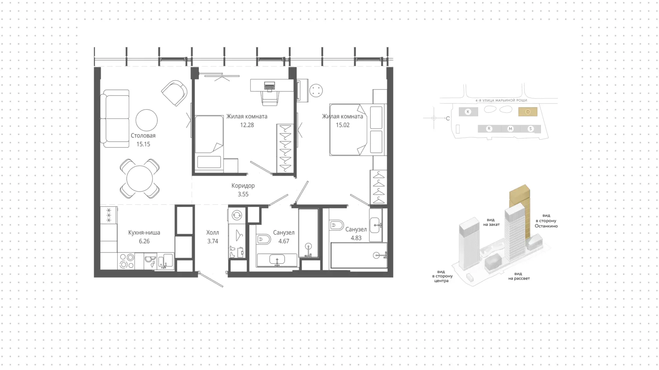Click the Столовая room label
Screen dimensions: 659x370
[143, 136]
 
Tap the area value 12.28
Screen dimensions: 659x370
[247, 125]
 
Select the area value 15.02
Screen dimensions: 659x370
[343, 125]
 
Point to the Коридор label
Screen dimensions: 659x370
[243, 186]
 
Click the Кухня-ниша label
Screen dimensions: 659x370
[144, 233]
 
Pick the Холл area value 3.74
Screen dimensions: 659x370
[213, 241]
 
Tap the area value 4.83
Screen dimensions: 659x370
[356, 238]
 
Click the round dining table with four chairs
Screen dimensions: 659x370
[140, 179]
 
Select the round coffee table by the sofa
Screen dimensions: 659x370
[147, 120]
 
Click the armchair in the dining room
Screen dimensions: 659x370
[175, 93]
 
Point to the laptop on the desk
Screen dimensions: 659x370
[269, 86]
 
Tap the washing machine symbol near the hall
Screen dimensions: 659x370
[237, 215]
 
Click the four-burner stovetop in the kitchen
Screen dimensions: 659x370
[126, 261]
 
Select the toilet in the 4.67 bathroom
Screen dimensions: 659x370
[263, 239]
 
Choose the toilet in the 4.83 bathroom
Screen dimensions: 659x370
[336, 226]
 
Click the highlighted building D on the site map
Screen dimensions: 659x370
[528, 112]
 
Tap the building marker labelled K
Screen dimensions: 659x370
[468, 112]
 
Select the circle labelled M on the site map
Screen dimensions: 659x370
[510, 129]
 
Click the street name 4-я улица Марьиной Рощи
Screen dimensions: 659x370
[501, 100]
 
